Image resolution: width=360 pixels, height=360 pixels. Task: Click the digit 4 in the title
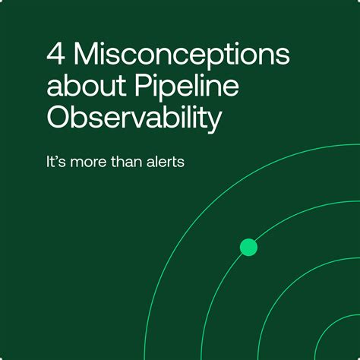pyautogui.click(x=55, y=56)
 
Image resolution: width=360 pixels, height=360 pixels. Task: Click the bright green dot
pyautogui.click(x=248, y=247)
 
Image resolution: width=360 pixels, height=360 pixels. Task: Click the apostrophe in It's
pyautogui.click(x=60, y=157)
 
